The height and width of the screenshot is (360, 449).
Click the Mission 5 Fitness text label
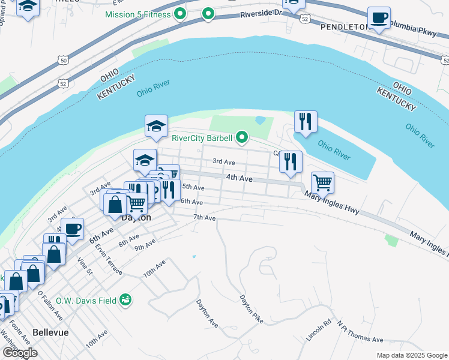click(137, 14)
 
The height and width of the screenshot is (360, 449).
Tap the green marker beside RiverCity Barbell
click(242, 139)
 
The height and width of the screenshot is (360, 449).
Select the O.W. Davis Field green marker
click(125, 299)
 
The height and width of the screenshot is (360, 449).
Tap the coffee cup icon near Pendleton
click(379, 18)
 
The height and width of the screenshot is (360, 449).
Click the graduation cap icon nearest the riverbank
click(156, 126)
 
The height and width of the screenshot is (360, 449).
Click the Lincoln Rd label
click(319, 331)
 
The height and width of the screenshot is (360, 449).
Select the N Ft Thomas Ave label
click(360, 332)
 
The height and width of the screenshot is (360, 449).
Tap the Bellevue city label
click(50, 332)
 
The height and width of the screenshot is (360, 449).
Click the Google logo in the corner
click(20, 353)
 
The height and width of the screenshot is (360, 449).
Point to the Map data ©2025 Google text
click(412, 355)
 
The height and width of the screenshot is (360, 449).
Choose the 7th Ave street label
click(204, 218)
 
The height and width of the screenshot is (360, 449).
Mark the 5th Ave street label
click(193, 188)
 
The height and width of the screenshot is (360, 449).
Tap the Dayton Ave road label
click(207, 313)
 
